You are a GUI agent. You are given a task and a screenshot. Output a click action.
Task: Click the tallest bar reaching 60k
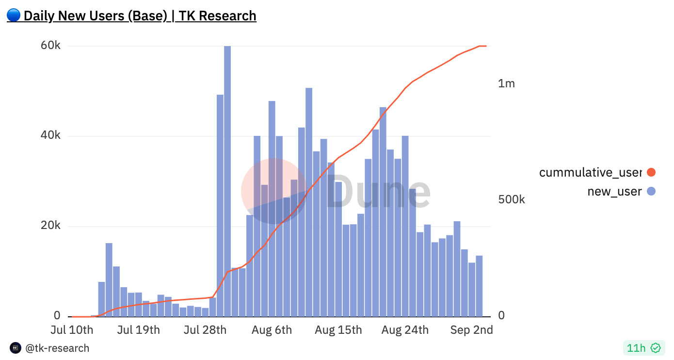click(227, 180)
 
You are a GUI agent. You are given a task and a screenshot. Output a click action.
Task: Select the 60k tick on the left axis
click(50, 46)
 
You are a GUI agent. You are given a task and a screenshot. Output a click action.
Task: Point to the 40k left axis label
click(50, 135)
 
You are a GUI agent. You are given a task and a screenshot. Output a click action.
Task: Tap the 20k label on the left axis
click(50, 226)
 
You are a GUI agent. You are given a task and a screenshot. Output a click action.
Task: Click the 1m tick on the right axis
click(506, 83)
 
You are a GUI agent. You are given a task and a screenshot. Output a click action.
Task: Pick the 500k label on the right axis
click(512, 199)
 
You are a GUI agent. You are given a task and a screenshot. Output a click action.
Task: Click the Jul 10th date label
click(72, 330)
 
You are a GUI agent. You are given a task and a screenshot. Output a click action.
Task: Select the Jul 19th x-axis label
click(138, 330)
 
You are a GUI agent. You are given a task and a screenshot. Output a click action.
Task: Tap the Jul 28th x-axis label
click(205, 330)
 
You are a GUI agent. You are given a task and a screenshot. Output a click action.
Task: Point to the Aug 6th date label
click(272, 330)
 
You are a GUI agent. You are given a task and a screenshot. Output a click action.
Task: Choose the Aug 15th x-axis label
click(338, 330)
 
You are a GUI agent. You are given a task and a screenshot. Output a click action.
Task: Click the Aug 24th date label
click(405, 330)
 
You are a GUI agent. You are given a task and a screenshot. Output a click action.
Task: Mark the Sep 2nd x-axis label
click(471, 330)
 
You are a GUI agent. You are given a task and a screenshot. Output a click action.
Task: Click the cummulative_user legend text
click(590, 172)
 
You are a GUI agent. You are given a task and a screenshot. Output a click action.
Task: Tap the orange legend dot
click(651, 172)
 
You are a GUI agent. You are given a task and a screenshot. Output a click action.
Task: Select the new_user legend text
click(614, 191)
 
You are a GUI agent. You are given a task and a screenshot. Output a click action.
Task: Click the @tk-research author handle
click(57, 348)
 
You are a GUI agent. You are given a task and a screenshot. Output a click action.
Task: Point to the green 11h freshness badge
click(643, 348)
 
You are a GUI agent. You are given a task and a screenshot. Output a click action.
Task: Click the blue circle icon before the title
click(14, 16)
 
